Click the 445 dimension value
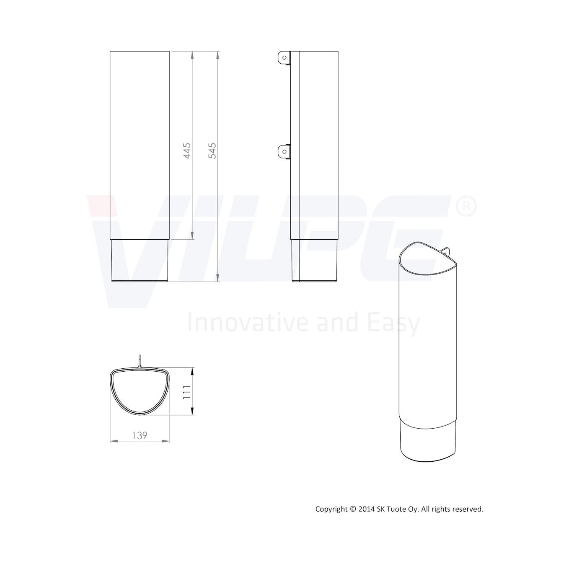[x=187, y=151]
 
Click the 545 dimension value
[x=212, y=151]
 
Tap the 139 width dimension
[x=140, y=435]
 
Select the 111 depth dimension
[x=186, y=392]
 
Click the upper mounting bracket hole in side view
[x=284, y=58]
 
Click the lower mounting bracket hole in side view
[x=284, y=152]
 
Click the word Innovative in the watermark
[x=247, y=322]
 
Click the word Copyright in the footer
[x=331, y=510]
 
